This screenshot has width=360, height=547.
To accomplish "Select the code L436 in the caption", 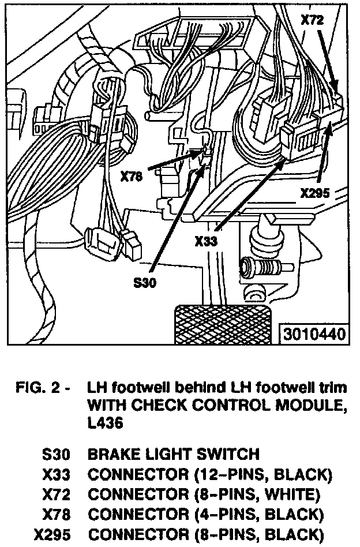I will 106,422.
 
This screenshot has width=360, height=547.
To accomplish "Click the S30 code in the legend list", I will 56,454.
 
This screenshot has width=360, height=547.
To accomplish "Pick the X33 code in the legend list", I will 56,474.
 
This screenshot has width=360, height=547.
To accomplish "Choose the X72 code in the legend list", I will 56,494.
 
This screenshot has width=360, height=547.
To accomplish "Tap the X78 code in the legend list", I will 56,514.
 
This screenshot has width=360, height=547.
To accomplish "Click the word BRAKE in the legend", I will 114,454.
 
